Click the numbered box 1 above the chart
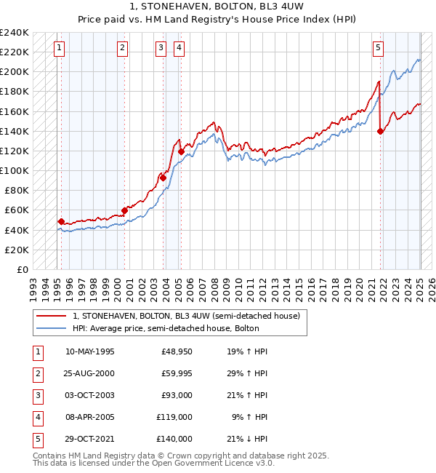(59, 49)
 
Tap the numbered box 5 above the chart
(379, 49)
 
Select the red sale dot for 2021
(381, 131)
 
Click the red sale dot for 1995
(61, 221)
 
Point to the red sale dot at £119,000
(180, 151)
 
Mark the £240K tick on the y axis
(15, 33)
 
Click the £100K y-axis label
(15, 170)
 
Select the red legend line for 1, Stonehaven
(51, 316)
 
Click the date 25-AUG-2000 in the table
(89, 373)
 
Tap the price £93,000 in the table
(177, 395)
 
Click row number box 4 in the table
(38, 417)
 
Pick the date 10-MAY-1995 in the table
(89, 351)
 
